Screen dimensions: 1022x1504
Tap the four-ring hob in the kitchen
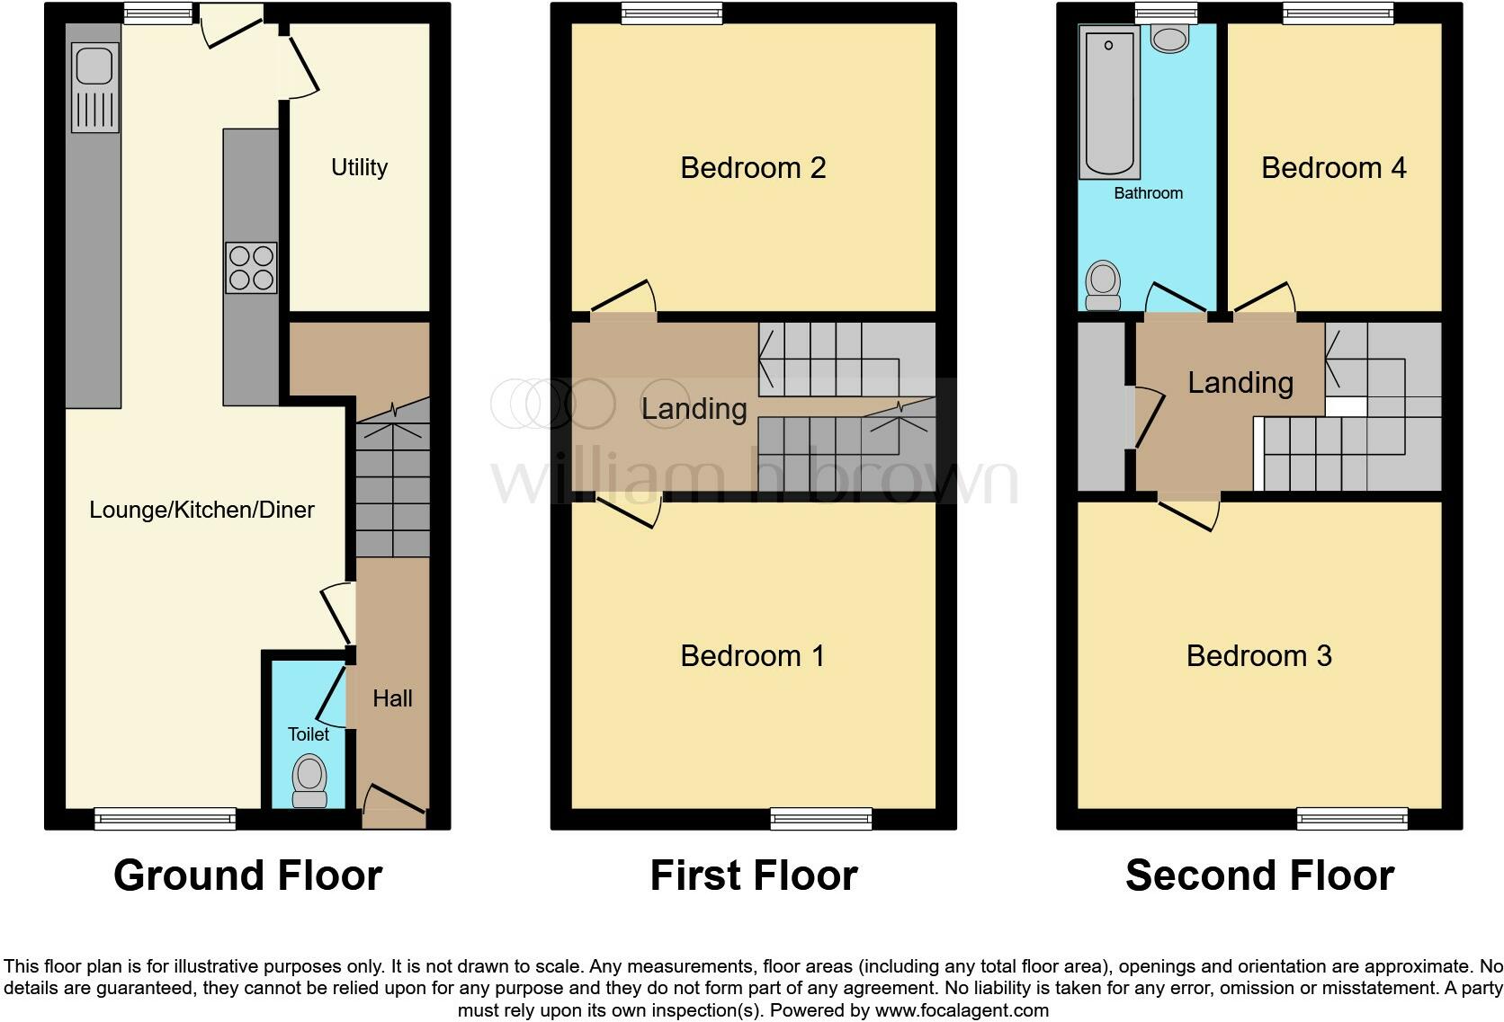pos(251,268)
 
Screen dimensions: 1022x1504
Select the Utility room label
pos(359,167)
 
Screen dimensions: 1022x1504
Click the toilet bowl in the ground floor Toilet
pos(310,779)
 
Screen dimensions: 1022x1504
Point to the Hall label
pos(392,698)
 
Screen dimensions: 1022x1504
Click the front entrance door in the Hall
pos(393,805)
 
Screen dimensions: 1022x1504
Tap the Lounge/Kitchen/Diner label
pos(201,510)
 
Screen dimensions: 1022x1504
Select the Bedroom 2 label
pos(753,167)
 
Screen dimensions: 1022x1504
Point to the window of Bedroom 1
pos(820,818)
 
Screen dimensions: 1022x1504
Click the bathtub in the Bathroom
pos(1109,102)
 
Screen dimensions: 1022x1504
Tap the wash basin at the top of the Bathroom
pos(1170,38)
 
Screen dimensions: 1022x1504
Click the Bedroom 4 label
pos(1333,167)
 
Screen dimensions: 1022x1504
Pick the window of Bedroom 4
pos(1338,13)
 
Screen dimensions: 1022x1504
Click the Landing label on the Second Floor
pos(1240,383)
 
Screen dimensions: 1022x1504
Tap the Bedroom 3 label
pos(1258,655)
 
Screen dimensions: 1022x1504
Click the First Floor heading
pos(753,875)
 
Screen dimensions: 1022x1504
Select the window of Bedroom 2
pos(671,13)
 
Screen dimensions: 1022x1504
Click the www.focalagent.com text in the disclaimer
pos(962,1010)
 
